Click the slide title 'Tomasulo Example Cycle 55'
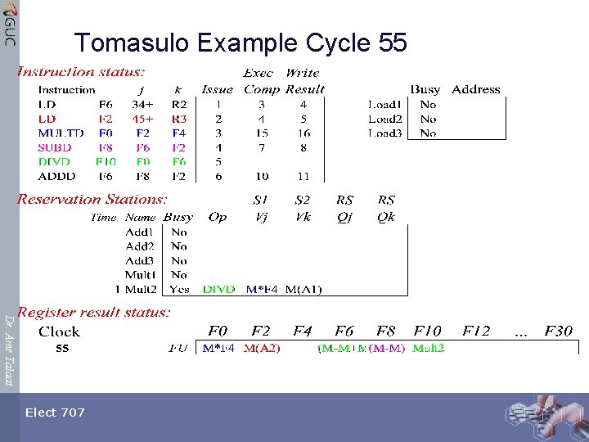tap(240, 42)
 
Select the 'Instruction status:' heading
tap(82, 73)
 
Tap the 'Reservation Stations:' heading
tap(92, 199)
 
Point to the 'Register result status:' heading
tap(94, 312)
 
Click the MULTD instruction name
tap(61, 133)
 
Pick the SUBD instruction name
tap(55, 147)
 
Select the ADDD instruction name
tap(56, 176)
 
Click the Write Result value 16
tap(303, 133)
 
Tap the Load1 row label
tap(384, 105)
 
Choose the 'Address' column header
tap(475, 89)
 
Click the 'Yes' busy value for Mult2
tap(179, 289)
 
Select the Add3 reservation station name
tap(139, 260)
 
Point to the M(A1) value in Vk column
tap(303, 289)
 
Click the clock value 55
tap(62, 349)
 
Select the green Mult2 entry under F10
tap(429, 349)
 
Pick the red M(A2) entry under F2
tap(262, 349)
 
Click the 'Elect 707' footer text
tap(55, 413)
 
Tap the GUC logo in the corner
tap(9, 23)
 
